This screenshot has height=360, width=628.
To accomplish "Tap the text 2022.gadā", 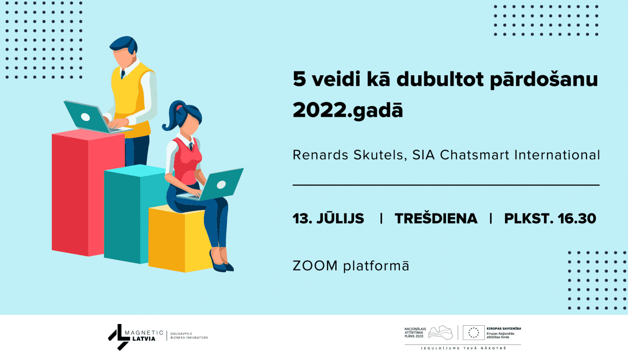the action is coord(348,110).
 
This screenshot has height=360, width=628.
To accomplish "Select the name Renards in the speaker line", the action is coord(320,155).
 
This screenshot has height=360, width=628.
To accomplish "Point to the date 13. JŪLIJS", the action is coord(328,219).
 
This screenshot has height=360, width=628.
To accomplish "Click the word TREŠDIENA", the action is coord(436,219).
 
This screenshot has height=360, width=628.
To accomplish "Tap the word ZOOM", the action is coord(315,266).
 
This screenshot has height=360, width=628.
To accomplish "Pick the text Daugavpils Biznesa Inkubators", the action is coord(189,336).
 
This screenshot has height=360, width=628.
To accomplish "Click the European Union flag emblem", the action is coord(474,332).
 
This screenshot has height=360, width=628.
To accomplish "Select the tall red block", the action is coord(88,193).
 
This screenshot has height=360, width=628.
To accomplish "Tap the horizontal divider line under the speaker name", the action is coord(446,185).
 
